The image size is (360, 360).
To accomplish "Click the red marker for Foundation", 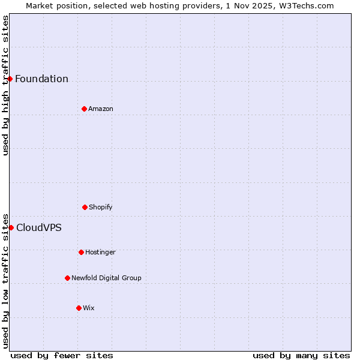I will click(10, 79).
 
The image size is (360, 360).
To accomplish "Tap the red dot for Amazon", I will click(84, 109).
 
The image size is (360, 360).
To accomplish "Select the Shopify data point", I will click(85, 207).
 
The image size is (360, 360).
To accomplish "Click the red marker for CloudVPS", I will click(11, 227).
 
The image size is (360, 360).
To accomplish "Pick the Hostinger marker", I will click(81, 252).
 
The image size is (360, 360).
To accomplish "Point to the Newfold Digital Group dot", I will click(67, 278).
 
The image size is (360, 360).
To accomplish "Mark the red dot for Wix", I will click(79, 308).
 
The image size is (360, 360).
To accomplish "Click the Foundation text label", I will click(41, 79).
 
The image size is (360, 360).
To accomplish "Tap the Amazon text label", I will click(101, 109).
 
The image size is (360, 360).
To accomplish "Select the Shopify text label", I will click(101, 207).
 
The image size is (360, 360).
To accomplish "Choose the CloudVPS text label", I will click(38, 228).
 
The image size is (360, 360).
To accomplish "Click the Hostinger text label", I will click(100, 252).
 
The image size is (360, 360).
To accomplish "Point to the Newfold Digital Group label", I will click(106, 278).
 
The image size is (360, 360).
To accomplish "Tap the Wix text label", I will click(89, 308).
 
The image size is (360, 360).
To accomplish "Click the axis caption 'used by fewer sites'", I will click(62, 355).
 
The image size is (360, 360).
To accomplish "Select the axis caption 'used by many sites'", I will click(301, 355).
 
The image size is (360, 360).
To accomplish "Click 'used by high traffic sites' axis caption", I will click(5, 85).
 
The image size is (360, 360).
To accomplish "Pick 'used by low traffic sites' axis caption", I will click(5, 280).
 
